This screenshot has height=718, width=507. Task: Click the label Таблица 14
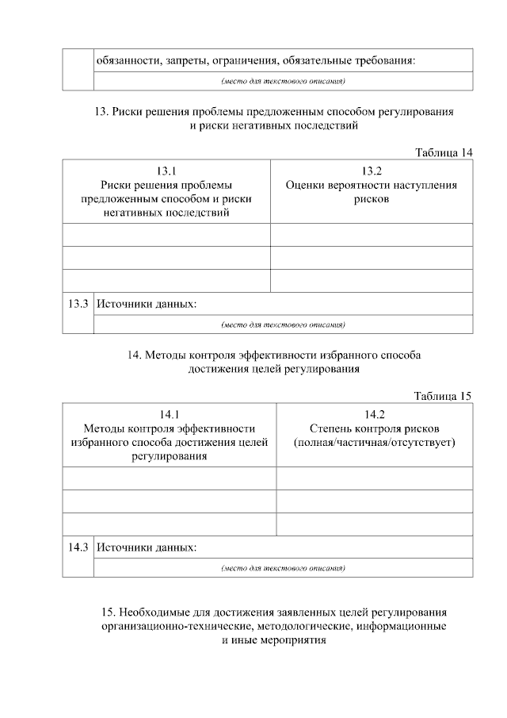click(x=444, y=152)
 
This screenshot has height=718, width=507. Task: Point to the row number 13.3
click(x=78, y=304)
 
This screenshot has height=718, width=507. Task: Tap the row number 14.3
click(x=78, y=548)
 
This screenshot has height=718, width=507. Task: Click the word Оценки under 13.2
click(x=306, y=185)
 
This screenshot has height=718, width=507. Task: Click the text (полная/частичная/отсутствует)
click(x=375, y=442)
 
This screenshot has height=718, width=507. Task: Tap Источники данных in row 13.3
click(x=147, y=304)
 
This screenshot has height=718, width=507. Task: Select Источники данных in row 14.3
click(x=147, y=548)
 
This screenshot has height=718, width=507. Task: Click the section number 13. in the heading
click(x=101, y=112)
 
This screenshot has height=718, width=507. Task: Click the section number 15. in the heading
click(x=110, y=612)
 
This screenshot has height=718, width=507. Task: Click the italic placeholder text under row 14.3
click(x=283, y=568)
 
